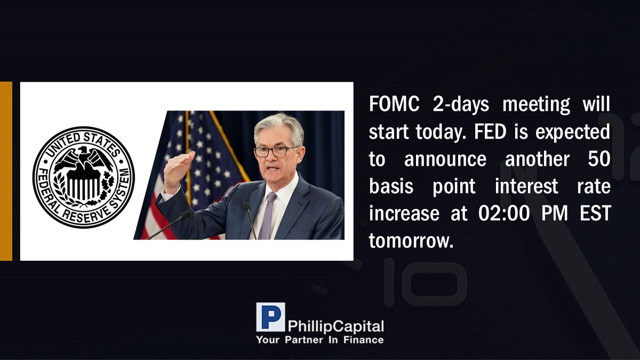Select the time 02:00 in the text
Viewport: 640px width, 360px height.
pos(504,213)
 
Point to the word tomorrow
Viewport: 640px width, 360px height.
pos(411,241)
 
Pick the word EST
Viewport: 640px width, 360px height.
pos(595,213)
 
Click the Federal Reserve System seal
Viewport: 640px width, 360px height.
pos(84,177)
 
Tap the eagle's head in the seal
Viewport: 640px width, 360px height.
pos(83,150)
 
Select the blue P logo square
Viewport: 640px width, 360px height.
pos(270,317)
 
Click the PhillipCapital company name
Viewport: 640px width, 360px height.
pos(335,326)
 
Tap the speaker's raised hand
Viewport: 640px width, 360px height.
pos(178,171)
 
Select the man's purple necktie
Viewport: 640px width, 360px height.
pos(268,215)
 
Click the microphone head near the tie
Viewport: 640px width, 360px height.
pos(247,206)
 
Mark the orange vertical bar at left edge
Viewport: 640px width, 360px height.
pos(6,171)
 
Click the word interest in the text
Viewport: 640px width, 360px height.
pos(526,186)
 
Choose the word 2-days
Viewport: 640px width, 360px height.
pos(461,105)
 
